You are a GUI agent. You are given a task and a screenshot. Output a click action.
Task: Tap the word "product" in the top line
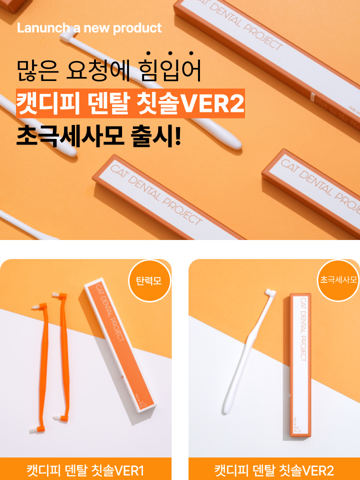(137, 28)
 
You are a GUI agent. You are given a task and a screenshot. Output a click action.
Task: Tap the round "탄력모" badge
(149, 280)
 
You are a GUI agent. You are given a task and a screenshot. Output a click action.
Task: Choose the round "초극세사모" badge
(338, 280)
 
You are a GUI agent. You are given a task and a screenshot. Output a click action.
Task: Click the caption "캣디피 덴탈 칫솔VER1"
(85, 470)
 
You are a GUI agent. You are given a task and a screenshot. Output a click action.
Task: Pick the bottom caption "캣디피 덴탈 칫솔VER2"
(274, 470)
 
